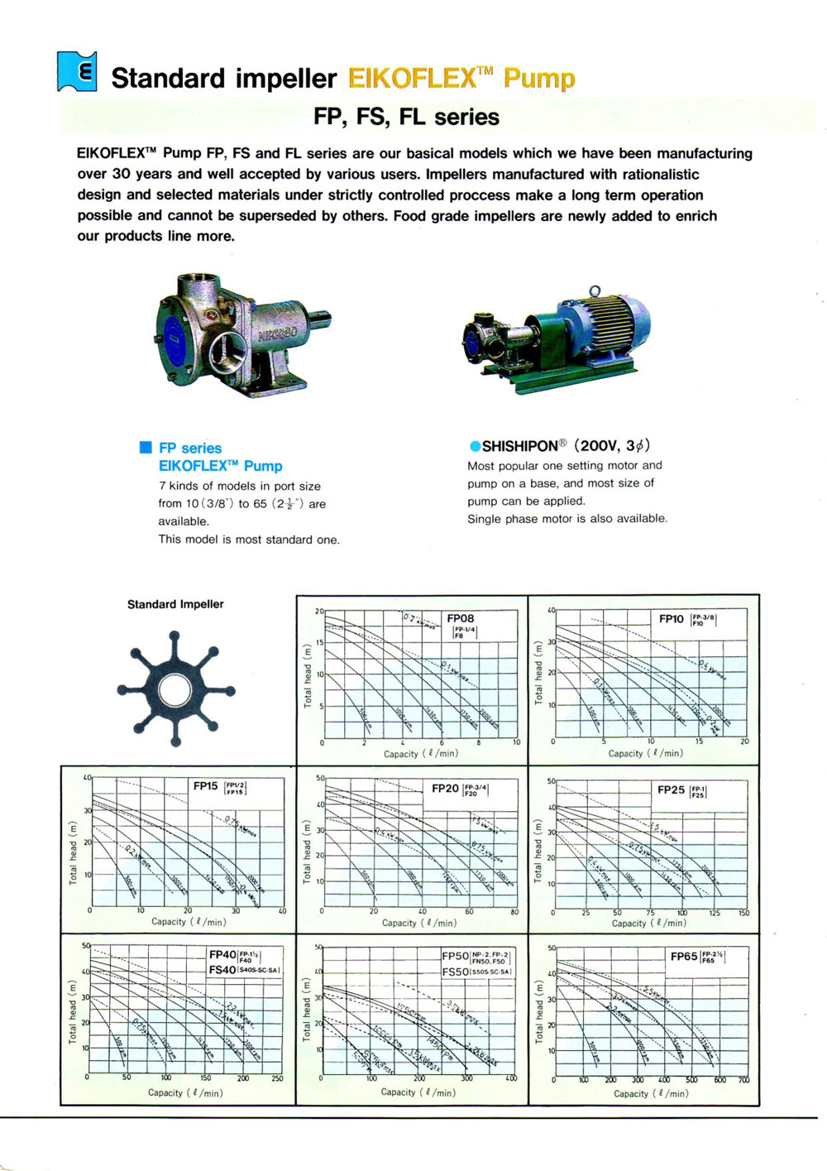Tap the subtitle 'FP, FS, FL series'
[406, 117]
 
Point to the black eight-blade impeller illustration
[176, 686]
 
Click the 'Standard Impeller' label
[175, 604]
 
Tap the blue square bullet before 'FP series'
[146, 448]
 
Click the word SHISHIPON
[519, 445]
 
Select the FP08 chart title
[460, 618]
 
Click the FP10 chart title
[671, 618]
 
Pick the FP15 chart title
[205, 785]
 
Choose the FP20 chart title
[445, 788]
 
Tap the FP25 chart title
[671, 789]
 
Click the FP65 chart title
[684, 956]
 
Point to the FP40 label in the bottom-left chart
[222, 954]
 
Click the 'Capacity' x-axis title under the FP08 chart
[401, 754]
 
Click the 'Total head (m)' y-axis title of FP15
[73, 853]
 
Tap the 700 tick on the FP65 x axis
[743, 1080]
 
